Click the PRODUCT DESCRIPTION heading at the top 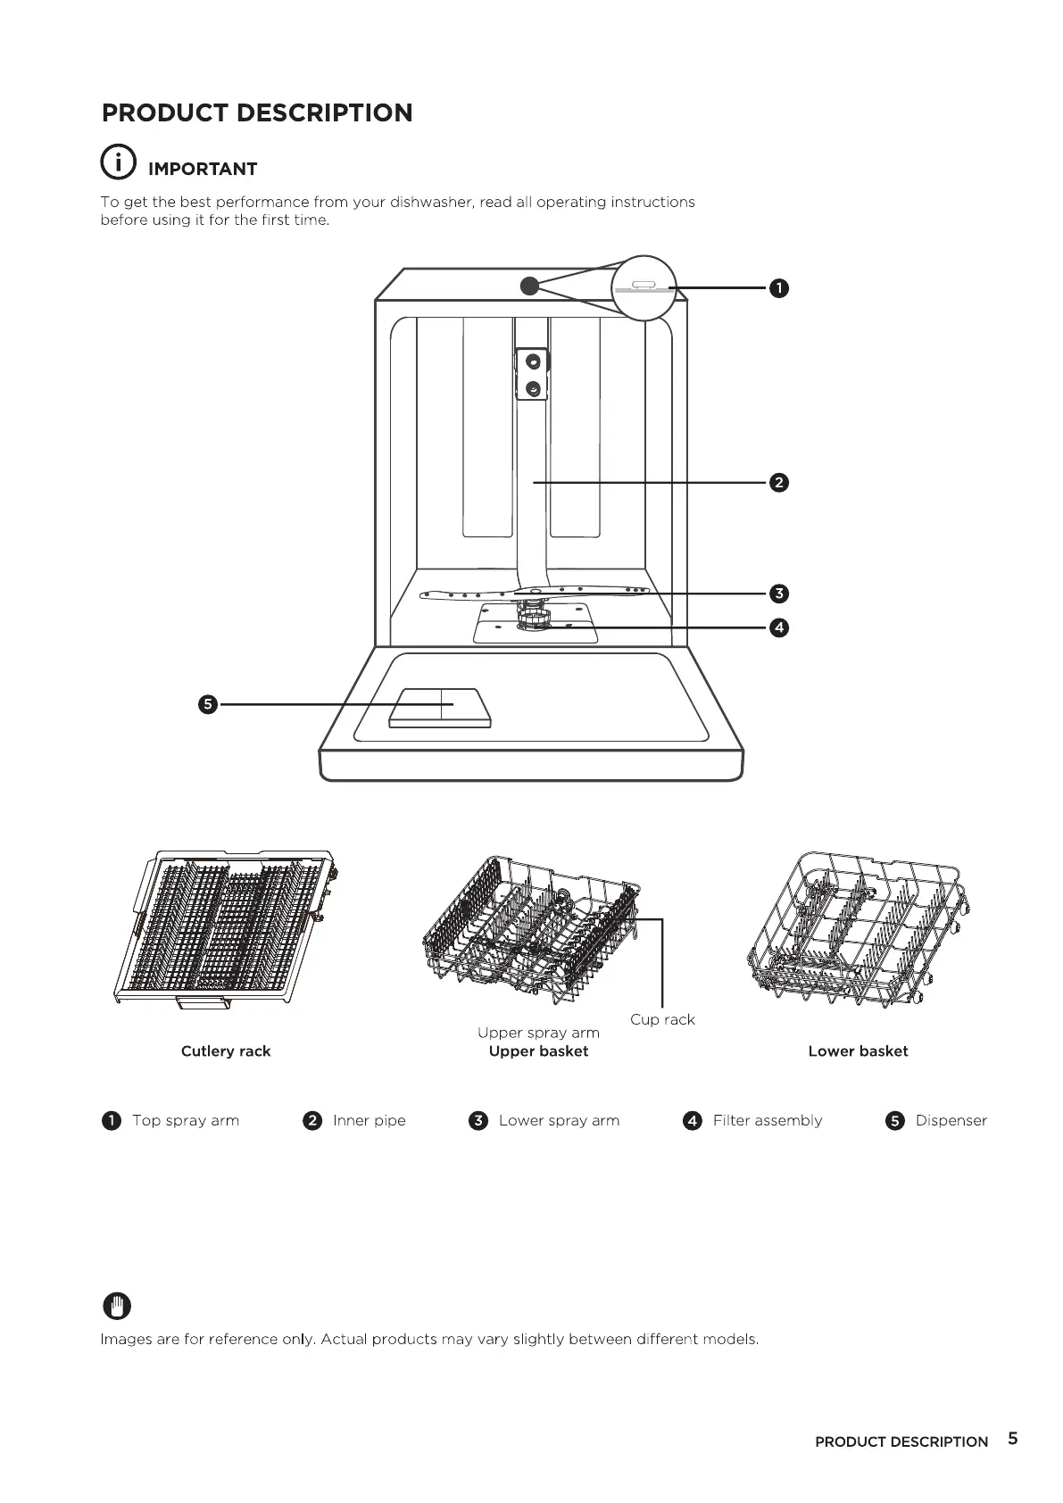(x=257, y=113)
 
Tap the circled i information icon (x=118, y=162)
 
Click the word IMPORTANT (x=203, y=170)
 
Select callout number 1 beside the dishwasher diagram (x=779, y=287)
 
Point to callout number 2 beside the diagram (x=779, y=483)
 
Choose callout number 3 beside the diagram (x=779, y=594)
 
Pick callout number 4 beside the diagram (x=779, y=627)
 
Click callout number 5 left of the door (x=207, y=705)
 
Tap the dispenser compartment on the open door (x=440, y=707)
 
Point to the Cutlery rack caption (x=226, y=1051)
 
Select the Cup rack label (x=662, y=1019)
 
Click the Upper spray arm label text (x=538, y=1033)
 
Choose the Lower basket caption (x=858, y=1051)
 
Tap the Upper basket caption (x=538, y=1051)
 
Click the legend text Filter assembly (x=768, y=1121)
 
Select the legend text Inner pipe (x=369, y=1121)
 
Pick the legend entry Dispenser (x=951, y=1121)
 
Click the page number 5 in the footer (x=1012, y=1439)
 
